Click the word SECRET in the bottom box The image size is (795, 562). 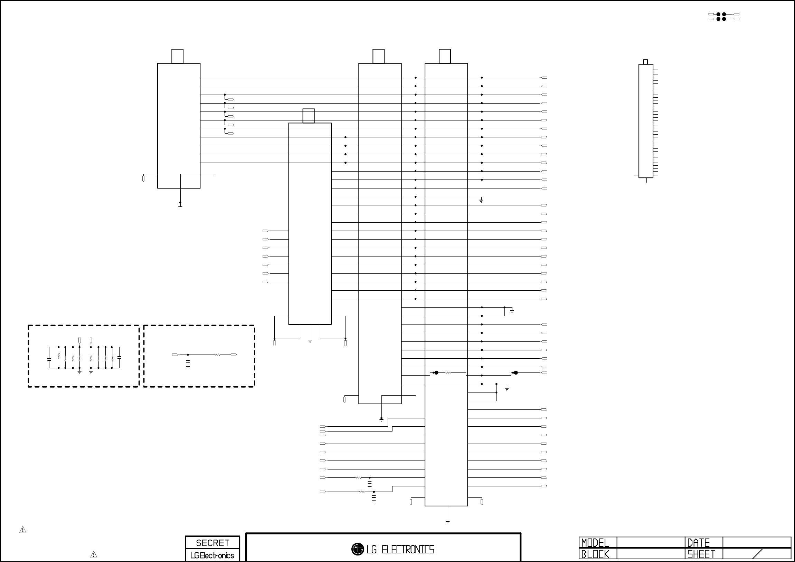point(212,543)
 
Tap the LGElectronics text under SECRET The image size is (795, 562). point(212,555)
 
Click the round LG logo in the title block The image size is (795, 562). point(357,549)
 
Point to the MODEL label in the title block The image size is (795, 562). point(595,543)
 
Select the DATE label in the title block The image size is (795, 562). point(698,543)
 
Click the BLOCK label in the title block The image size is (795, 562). point(595,554)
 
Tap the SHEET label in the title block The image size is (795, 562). point(701,554)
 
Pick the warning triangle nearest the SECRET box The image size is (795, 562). point(94,554)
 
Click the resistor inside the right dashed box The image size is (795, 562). point(217,355)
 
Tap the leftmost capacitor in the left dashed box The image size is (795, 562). point(49,359)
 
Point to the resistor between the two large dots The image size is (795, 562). point(448,373)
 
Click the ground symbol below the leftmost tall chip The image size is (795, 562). point(180,207)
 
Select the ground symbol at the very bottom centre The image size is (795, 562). point(447,522)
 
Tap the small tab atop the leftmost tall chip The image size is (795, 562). point(177,56)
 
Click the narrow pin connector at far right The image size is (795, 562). point(646,121)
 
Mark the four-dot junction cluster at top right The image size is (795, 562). point(721,17)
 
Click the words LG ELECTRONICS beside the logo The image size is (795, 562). point(400,550)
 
